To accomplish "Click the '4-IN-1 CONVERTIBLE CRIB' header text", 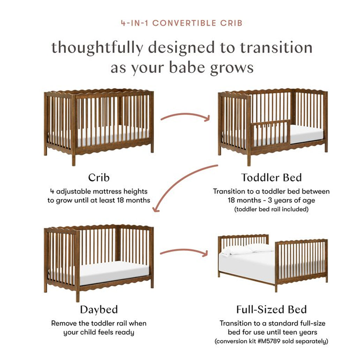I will point(181,23).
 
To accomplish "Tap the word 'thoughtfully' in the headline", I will point(97,47).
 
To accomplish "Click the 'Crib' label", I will point(99,177).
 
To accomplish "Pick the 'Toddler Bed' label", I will point(271,177).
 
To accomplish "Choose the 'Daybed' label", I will point(99,310).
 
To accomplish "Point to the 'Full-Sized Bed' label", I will point(271,310).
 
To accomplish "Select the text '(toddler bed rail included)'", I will point(271,209).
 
